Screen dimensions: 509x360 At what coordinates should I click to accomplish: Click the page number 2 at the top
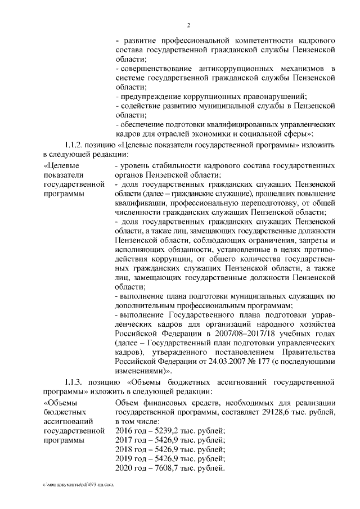[x=190, y=25]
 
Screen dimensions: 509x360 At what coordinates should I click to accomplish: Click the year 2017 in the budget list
[x=124, y=440]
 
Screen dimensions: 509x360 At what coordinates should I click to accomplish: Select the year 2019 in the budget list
[x=124, y=459]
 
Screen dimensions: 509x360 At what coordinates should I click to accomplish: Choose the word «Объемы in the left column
[x=62, y=403]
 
